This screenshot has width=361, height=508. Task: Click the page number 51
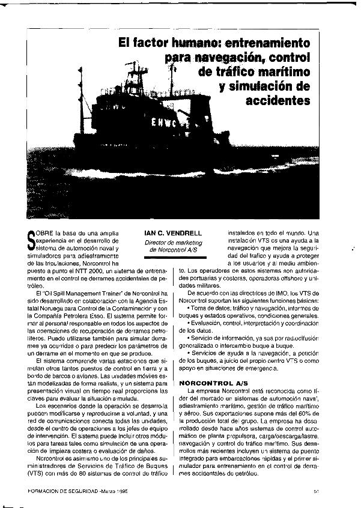316,491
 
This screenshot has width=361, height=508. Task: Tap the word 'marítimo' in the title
281,71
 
